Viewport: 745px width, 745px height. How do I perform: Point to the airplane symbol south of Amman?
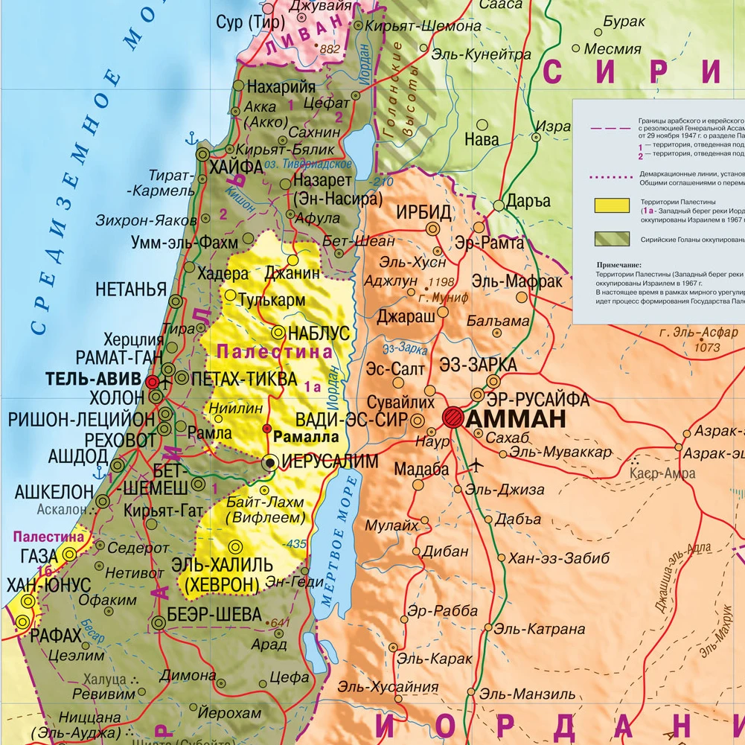pos(476,466)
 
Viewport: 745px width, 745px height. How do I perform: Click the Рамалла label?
pos(300,436)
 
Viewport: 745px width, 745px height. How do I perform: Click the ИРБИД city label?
pos(423,213)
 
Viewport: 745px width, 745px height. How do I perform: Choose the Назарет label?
pos(327,181)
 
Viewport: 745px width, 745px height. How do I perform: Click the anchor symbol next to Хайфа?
pos(190,138)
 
